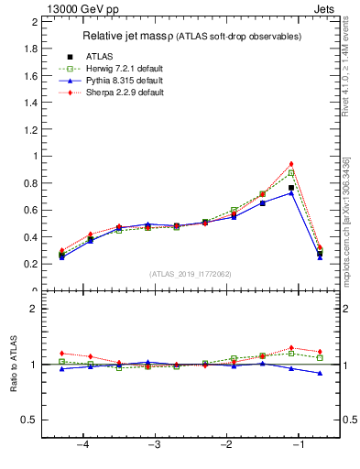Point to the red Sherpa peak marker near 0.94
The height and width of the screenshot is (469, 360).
tap(291, 164)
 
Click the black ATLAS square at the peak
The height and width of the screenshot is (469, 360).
tap(291, 188)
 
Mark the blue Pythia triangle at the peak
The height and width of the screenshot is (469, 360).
tap(291, 193)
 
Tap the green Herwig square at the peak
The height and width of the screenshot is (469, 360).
tap(291, 173)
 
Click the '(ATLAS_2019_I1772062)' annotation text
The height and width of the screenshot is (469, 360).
tap(191, 273)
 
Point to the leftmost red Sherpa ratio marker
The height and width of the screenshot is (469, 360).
tap(61, 353)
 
